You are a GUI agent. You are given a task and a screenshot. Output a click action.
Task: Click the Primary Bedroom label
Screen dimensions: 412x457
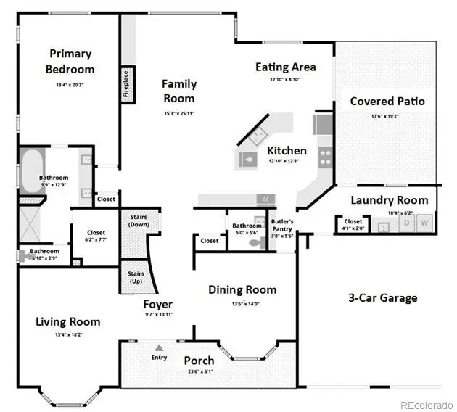click(70, 62)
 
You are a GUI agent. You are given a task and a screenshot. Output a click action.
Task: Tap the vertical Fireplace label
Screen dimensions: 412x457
click(126, 83)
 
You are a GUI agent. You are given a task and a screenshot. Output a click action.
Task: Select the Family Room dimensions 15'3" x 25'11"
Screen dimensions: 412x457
click(178, 113)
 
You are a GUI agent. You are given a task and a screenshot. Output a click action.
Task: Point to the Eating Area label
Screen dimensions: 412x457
click(285, 67)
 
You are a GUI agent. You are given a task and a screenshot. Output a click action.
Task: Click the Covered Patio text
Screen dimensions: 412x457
click(387, 101)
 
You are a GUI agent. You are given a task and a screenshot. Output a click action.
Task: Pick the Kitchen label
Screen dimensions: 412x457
click(287, 151)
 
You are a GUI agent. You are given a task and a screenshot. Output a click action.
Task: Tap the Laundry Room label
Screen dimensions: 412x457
click(389, 200)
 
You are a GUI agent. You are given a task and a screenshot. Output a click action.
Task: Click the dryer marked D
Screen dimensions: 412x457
click(406, 222)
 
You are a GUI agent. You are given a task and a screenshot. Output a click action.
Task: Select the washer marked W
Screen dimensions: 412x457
click(425, 222)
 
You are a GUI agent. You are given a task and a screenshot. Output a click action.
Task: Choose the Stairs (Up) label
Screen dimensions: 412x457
click(136, 277)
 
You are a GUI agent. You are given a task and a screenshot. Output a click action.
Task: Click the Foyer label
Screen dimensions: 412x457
click(157, 304)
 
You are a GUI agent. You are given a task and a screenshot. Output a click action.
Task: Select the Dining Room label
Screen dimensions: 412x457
click(242, 289)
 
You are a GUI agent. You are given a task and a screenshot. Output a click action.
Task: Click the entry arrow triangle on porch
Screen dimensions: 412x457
click(159, 347)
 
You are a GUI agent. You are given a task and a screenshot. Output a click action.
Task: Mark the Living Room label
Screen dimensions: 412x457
click(67, 321)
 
